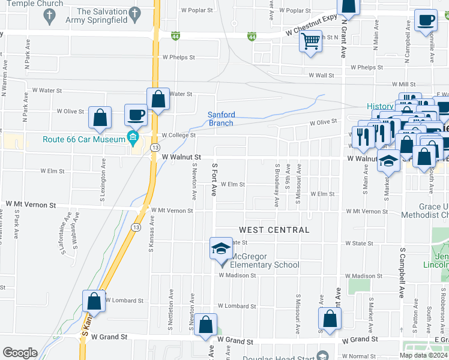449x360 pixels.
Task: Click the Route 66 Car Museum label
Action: (83, 140)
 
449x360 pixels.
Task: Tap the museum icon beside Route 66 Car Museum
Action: (133, 140)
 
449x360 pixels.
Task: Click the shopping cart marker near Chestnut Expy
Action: (310, 41)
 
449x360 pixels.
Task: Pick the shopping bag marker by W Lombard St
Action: (94, 302)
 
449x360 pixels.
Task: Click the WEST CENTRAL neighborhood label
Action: (274, 230)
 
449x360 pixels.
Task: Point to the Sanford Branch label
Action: (221, 119)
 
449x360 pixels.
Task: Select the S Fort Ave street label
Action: (214, 178)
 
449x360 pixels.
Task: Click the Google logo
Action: (20, 353)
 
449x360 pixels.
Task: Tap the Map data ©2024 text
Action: (423, 355)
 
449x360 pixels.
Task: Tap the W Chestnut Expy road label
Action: (312, 27)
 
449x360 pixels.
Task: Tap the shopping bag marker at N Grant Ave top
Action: (348, 6)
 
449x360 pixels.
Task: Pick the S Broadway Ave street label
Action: (277, 185)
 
